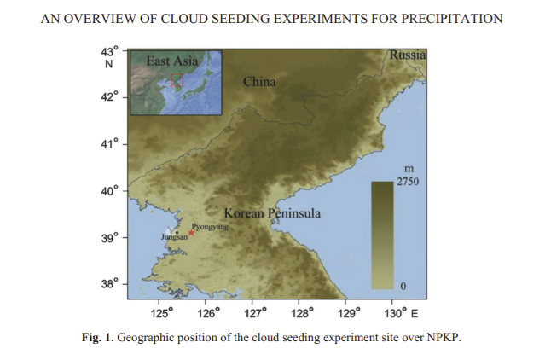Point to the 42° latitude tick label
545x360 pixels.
tap(108, 98)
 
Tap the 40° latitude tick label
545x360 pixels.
tap(108, 191)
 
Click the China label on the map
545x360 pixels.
tap(259, 82)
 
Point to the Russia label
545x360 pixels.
tap(407, 55)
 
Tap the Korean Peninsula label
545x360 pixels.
tap(272, 213)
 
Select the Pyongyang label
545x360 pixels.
tap(210, 228)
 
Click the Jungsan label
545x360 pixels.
tap(174, 237)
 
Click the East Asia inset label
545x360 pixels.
tap(172, 61)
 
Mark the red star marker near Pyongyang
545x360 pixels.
tap(191, 233)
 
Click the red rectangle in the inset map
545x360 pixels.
tap(177, 80)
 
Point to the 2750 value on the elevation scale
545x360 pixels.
tap(408, 182)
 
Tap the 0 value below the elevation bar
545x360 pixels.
tap(403, 284)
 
